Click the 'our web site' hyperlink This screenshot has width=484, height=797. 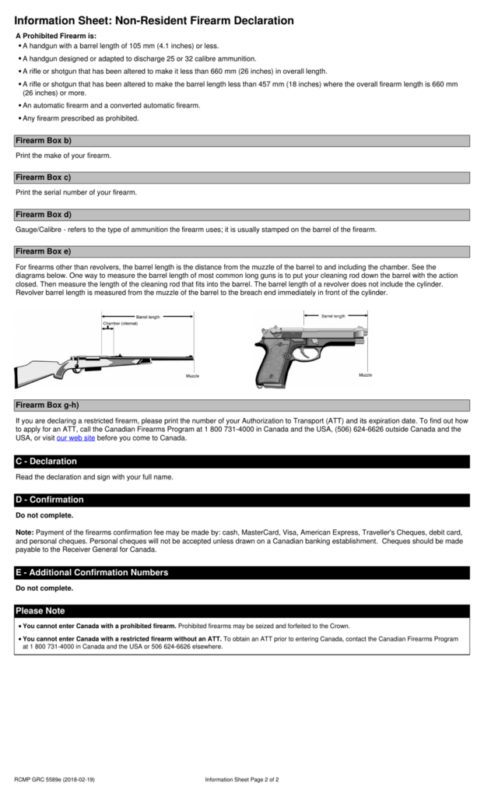pos(75,438)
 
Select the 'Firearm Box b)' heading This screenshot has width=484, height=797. pos(44,141)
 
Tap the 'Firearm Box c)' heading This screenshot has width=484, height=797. pos(44,177)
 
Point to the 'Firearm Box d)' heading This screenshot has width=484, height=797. pos(44,215)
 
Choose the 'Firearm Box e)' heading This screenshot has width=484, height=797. pos(44,251)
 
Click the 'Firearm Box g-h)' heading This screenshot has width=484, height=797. pos(47,406)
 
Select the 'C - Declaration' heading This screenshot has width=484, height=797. pos(46,462)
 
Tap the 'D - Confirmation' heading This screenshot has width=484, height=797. pos(49,500)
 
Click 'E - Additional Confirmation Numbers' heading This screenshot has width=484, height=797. pos(92,573)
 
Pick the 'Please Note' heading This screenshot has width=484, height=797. pos(40,611)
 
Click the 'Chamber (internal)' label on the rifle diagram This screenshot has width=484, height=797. pos(121,323)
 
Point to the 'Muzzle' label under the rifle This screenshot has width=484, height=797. pos(192,376)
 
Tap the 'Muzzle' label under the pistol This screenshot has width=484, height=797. pos(365,375)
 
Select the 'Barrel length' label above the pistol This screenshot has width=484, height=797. pos(333,316)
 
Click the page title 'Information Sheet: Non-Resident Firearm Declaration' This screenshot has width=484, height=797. pos(154,20)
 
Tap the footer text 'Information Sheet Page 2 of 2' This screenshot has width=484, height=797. pos(242,779)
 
